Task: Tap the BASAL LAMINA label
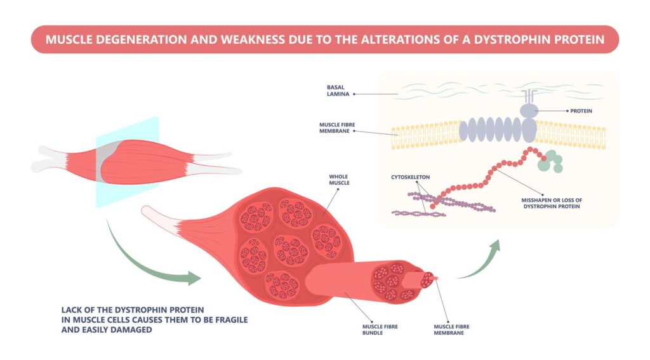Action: pyautogui.click(x=336, y=90)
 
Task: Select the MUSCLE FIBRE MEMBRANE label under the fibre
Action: pyautogui.click(x=451, y=329)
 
